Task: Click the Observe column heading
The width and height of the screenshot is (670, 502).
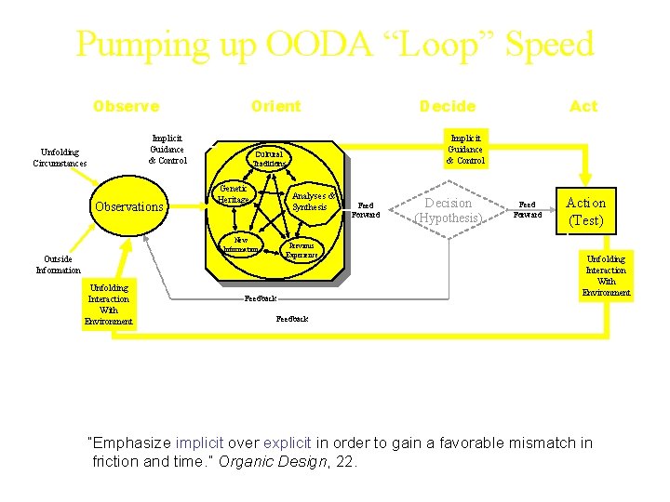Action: tap(126, 106)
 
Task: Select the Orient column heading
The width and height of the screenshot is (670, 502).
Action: tap(275, 106)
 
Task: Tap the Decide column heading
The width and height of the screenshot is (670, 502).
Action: tap(447, 106)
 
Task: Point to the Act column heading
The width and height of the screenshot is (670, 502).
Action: tap(583, 106)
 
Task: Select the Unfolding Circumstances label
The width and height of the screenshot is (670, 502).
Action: tap(60, 157)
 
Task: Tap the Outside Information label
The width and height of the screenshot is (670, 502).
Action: tap(59, 264)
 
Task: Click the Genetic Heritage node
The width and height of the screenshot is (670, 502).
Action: tap(233, 194)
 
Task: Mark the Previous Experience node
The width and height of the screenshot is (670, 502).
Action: tap(301, 249)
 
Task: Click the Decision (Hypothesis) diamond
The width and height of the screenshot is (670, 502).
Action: tap(448, 210)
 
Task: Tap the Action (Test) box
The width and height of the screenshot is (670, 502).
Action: tap(585, 211)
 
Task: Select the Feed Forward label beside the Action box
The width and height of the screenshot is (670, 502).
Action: tap(528, 208)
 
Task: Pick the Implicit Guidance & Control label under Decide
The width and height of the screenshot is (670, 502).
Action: tap(464, 148)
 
